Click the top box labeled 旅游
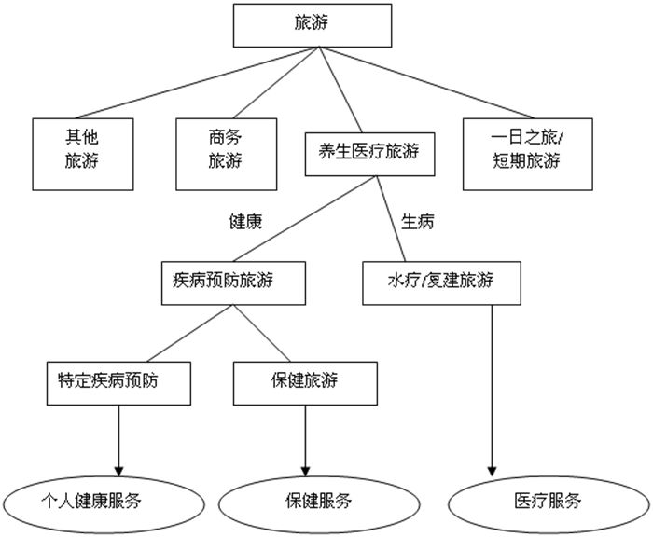312,26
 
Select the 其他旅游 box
80,153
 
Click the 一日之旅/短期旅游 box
526,153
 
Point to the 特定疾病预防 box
119,382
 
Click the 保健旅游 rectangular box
305,382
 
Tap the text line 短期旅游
526,160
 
